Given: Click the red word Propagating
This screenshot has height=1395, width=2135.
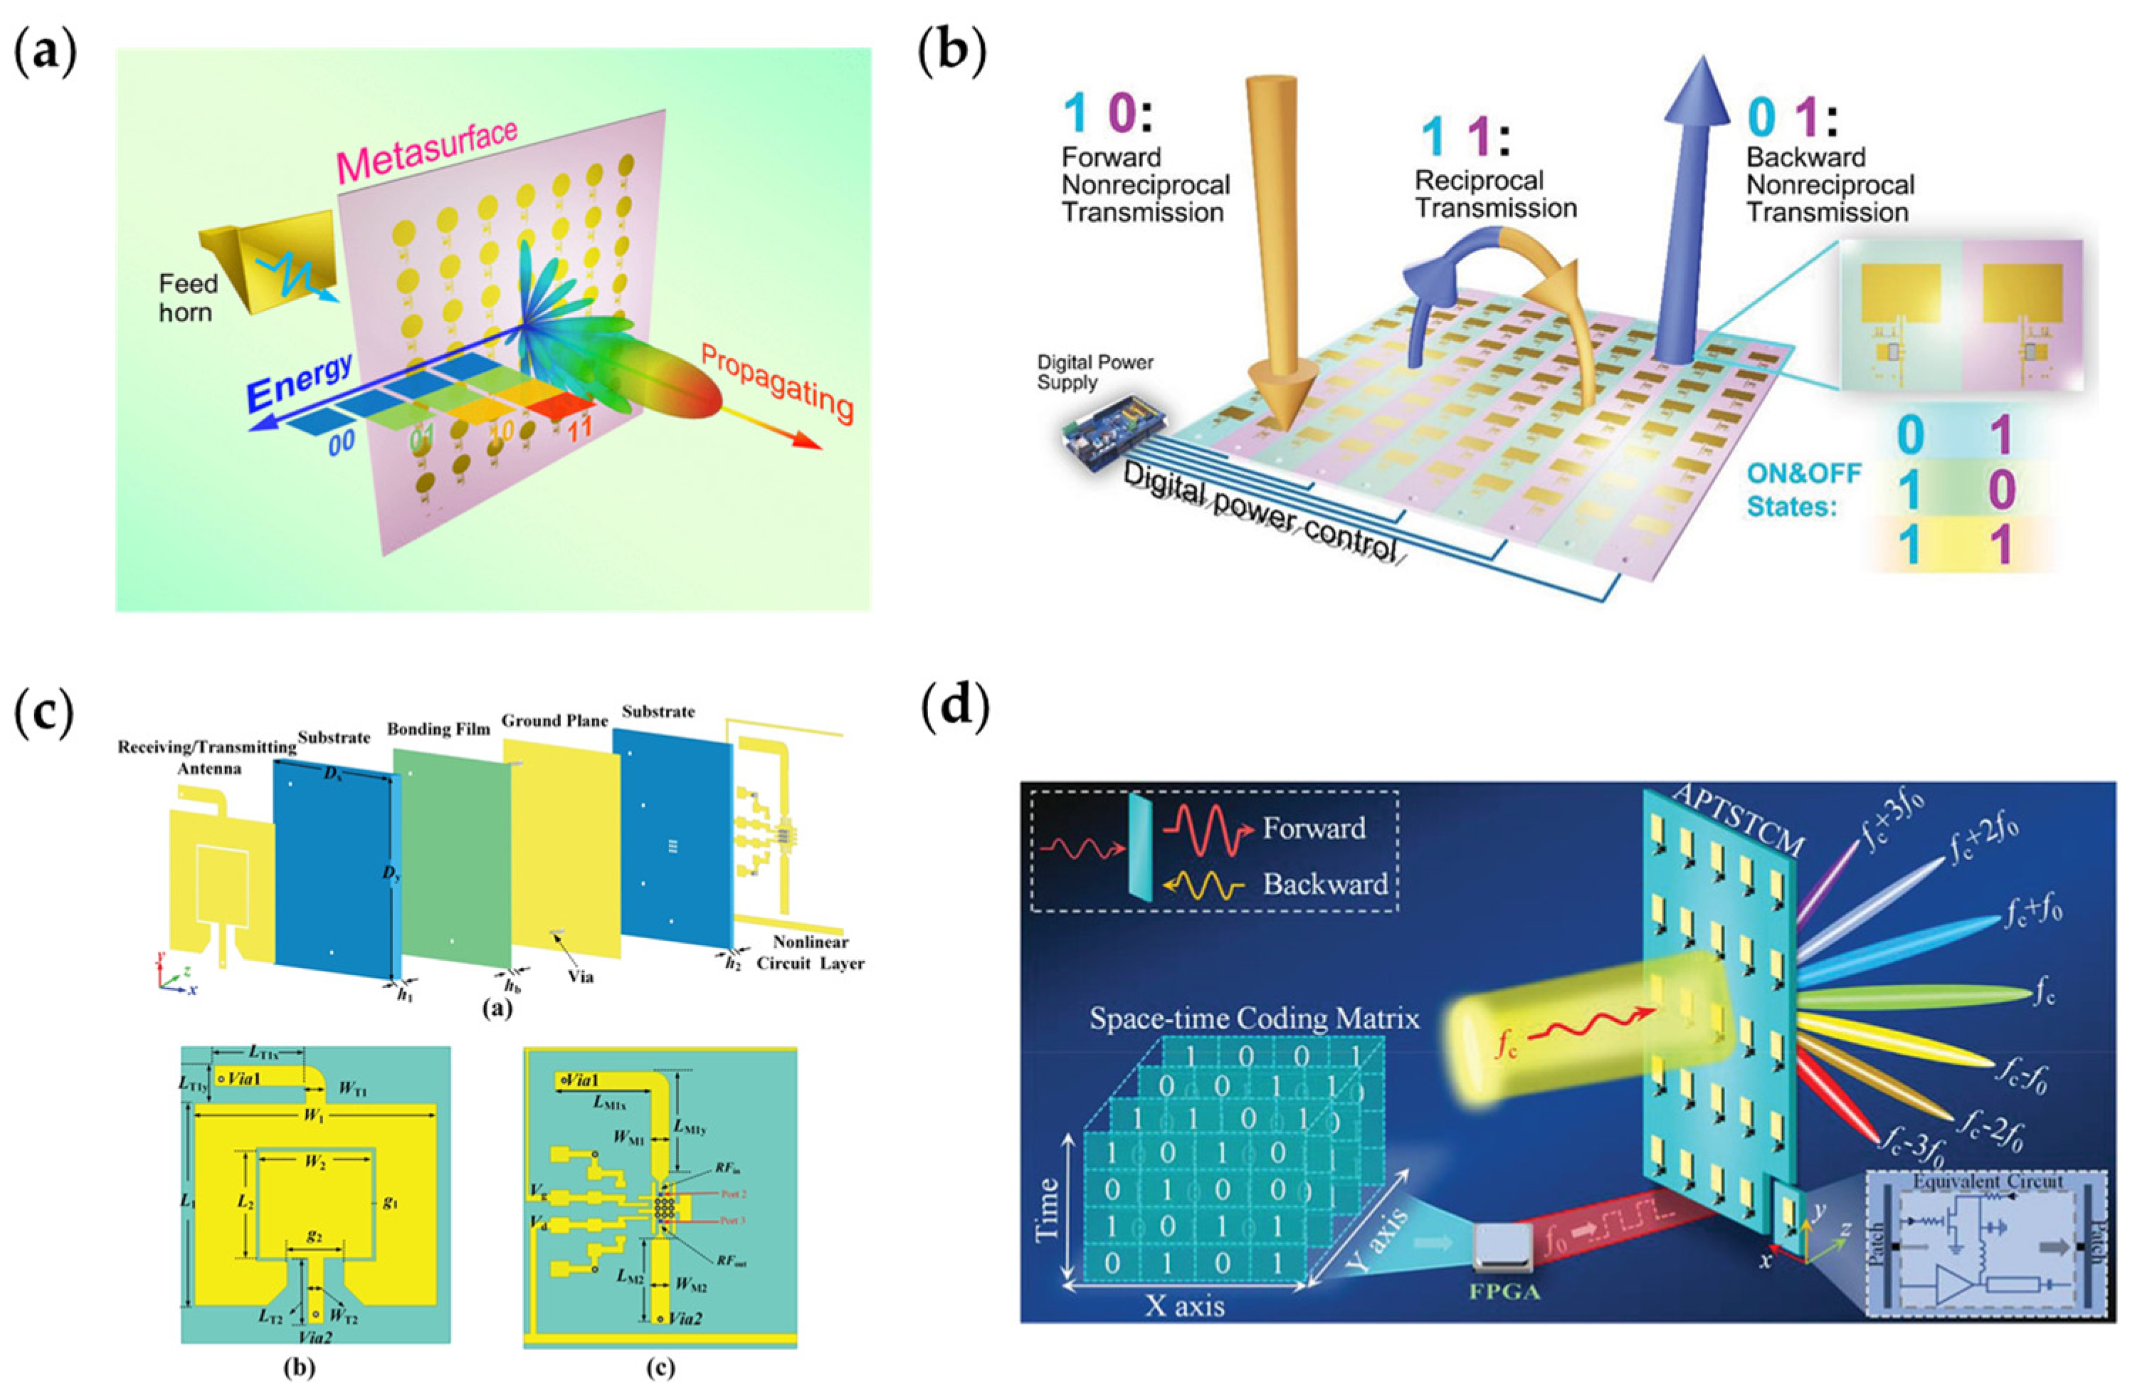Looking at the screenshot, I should [x=775, y=383].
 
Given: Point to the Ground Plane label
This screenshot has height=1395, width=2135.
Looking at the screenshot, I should [x=554, y=720].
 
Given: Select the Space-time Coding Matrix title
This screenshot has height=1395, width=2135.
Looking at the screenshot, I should [x=1254, y=1019].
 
